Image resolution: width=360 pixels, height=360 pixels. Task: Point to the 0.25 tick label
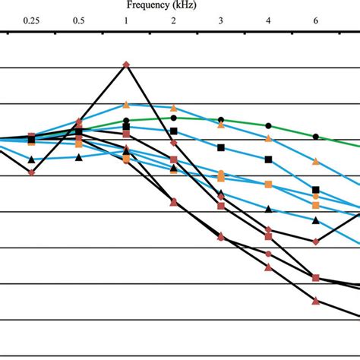31,21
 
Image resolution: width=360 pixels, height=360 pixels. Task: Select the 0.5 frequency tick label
78,21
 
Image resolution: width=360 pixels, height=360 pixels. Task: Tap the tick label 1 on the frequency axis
126,21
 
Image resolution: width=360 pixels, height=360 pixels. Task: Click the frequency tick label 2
173,21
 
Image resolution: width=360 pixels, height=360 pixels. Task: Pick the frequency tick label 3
221,21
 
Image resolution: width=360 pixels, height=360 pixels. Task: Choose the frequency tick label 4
268,21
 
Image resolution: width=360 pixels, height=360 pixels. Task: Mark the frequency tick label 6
316,21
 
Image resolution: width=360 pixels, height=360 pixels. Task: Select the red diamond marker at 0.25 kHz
31,172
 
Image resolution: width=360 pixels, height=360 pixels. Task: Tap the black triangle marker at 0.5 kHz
78,157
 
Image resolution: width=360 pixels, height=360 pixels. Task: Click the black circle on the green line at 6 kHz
316,137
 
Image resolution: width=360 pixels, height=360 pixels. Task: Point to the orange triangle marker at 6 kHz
316,162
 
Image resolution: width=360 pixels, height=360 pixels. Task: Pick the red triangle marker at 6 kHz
316,302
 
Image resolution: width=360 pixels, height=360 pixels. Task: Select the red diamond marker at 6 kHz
316,242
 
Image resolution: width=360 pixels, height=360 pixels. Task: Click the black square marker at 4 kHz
268,159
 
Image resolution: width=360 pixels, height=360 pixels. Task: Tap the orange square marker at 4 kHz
268,185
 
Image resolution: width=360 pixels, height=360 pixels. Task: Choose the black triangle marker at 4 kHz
268,209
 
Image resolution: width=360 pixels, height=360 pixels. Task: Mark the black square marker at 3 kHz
221,147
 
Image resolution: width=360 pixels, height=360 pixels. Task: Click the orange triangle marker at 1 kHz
126,105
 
